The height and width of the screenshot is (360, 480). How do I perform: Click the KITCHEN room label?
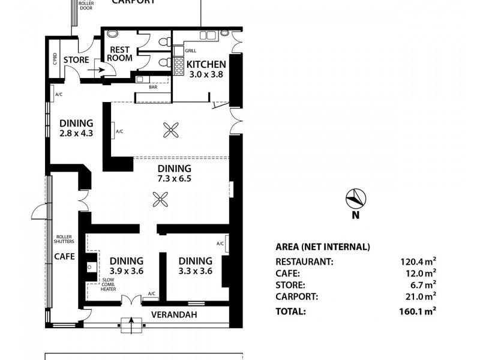pyautogui.click(x=206, y=65)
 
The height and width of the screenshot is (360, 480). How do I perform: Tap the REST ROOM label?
pyautogui.click(x=119, y=54)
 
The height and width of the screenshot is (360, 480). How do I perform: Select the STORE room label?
pyautogui.click(x=76, y=60)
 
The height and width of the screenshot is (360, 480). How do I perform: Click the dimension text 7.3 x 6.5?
pyautogui.click(x=174, y=178)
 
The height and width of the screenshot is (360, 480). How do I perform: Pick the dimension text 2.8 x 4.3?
pyautogui.click(x=76, y=133)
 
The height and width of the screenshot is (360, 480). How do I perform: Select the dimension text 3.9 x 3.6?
pyautogui.click(x=126, y=271)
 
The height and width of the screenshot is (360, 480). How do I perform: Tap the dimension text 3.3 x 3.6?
pyautogui.click(x=195, y=271)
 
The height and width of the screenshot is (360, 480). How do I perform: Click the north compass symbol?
pyautogui.click(x=355, y=197)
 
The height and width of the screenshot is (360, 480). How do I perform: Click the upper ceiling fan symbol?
pyautogui.click(x=172, y=128)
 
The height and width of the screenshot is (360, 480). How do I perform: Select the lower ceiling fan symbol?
pyautogui.click(x=160, y=199)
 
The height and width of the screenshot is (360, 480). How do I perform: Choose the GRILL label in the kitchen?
pyautogui.click(x=191, y=51)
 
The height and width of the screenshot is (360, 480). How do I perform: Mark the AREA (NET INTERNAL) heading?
pyautogui.click(x=322, y=247)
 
